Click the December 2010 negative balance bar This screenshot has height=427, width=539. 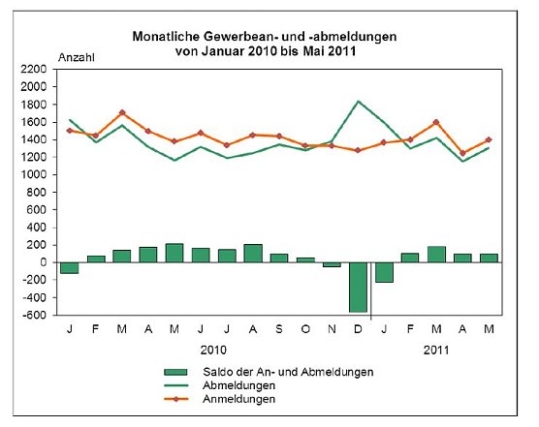[x=358, y=287]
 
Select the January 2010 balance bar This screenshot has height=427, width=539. [x=69, y=267]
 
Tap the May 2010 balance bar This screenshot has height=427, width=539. [x=174, y=253]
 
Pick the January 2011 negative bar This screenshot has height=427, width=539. [x=385, y=272]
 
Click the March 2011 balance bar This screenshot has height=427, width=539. [x=436, y=254]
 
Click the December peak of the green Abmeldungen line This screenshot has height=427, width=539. [x=358, y=101]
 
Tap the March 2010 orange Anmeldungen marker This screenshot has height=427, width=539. [x=121, y=112]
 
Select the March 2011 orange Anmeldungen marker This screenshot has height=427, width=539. [x=436, y=122]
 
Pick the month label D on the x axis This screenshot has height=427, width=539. [x=358, y=329]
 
